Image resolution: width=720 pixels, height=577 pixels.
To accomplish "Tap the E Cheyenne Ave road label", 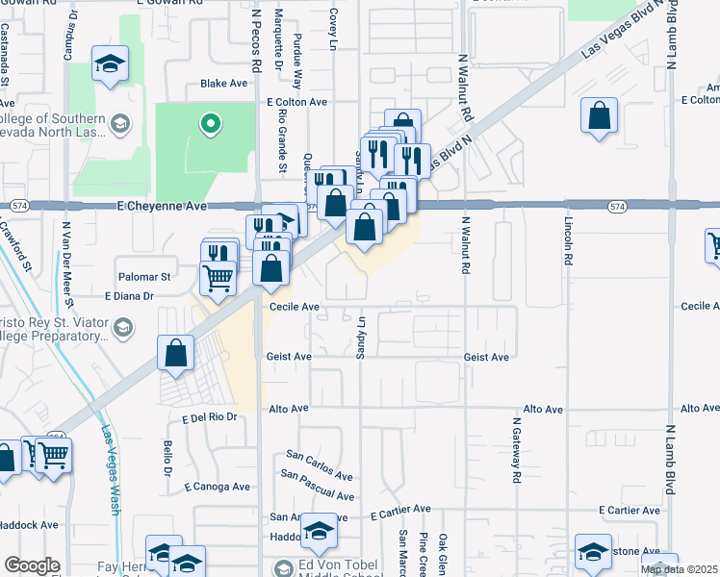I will pyautogui.click(x=162, y=206).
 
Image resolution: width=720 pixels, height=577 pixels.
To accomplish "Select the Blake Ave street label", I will pyautogui.click(x=224, y=84).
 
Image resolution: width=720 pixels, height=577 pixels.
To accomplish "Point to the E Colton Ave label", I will pyautogui.click(x=297, y=101).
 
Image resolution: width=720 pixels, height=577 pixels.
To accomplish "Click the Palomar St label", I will pyautogui.click(x=142, y=276).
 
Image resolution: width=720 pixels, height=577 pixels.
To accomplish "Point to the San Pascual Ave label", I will pyautogui.click(x=317, y=486).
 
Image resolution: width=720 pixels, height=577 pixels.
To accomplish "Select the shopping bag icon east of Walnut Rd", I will pyautogui.click(x=599, y=117).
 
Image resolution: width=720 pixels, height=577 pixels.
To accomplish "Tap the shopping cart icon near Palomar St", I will pyautogui.click(x=219, y=278).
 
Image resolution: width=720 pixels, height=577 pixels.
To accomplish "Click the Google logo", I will pyautogui.click(x=32, y=565).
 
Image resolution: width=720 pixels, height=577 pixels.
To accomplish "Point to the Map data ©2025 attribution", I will pyautogui.click(x=680, y=569).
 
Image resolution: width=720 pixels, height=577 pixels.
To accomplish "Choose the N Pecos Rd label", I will pyautogui.click(x=255, y=38).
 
